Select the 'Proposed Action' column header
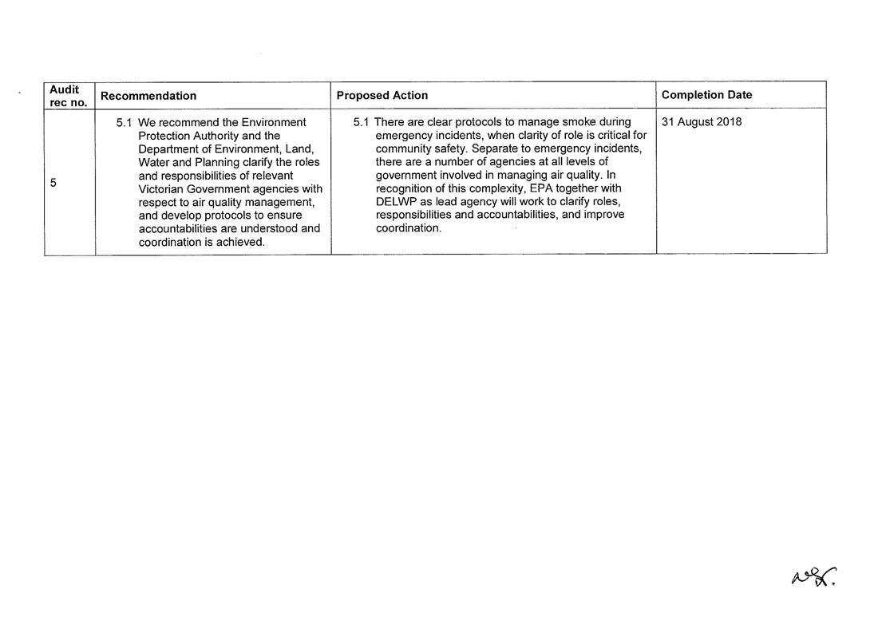pyautogui.click(x=382, y=96)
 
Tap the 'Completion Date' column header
pyautogui.click(x=707, y=95)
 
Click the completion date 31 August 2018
pyautogui.click(x=702, y=122)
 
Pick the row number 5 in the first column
pyautogui.click(x=53, y=183)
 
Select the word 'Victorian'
pyautogui.click(x=165, y=189)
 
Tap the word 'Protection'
pyautogui.click(x=165, y=136)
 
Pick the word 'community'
pyautogui.click(x=403, y=149)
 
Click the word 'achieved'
pyautogui.click(x=238, y=242)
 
